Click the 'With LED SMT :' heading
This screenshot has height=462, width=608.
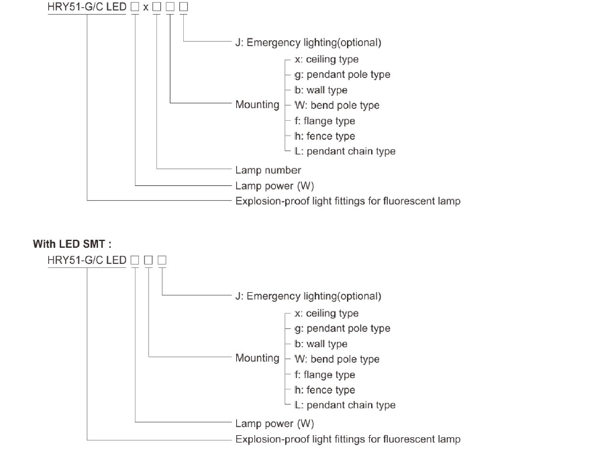72,244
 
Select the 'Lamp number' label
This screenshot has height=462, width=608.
268,170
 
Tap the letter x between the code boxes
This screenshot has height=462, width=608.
146,7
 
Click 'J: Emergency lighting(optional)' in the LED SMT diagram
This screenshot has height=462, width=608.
308,296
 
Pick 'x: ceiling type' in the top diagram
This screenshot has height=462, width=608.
327,59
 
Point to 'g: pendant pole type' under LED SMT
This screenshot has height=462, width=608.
342,328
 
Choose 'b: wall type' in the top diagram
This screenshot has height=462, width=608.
321,90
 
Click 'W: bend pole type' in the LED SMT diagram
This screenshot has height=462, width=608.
337,359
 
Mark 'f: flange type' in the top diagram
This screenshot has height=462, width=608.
325,121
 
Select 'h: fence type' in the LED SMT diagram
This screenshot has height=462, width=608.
325,389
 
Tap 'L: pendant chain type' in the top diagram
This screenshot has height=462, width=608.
345,151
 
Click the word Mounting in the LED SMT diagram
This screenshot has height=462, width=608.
257,358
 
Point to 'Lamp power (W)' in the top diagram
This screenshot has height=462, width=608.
274,186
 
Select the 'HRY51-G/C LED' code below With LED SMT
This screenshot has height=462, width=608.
87,260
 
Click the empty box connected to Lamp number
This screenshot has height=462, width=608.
156,7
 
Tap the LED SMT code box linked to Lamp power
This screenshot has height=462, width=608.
135,260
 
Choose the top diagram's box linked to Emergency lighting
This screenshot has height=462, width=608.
184,7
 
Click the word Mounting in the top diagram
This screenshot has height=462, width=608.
257,104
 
